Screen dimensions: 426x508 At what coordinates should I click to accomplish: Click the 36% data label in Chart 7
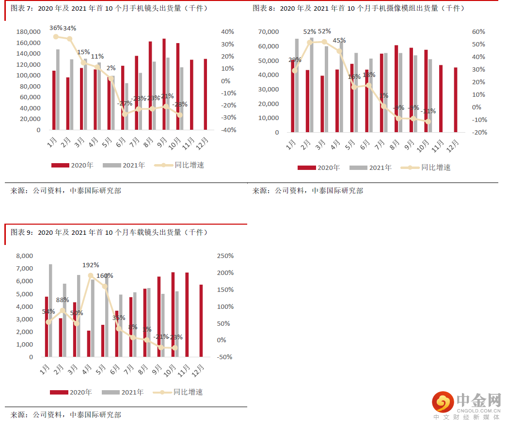pos(56,28)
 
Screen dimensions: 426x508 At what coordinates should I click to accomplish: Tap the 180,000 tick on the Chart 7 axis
pos(28,32)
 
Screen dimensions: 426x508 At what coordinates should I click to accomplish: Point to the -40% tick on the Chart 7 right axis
pos(228,130)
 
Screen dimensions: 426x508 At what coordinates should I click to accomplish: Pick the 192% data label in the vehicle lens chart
pos(91,265)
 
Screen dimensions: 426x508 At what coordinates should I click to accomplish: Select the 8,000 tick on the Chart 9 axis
pos(24,256)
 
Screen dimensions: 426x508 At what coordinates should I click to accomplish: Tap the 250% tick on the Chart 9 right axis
pos(225,256)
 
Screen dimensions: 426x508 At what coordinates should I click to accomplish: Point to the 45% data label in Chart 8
pos(339,40)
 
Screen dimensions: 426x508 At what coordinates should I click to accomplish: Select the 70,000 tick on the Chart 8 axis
pos(269,32)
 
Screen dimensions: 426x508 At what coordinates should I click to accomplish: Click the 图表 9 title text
pos(109,232)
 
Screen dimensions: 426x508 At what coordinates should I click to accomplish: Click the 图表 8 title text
pos(358,8)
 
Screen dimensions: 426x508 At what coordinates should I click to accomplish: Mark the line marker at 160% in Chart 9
pos(105,287)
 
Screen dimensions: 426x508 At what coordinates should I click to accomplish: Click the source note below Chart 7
pos(66,191)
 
